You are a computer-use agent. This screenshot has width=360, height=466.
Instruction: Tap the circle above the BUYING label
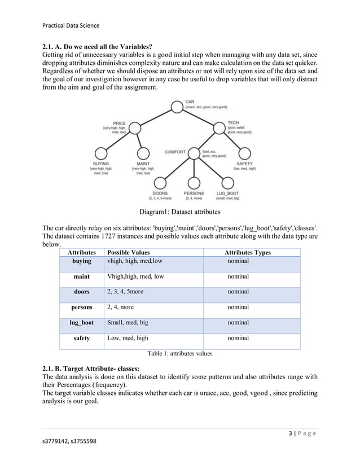point(101,153)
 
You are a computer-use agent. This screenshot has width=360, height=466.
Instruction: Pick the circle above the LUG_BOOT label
point(228,183)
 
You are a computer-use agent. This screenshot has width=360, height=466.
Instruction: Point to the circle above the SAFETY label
point(245,153)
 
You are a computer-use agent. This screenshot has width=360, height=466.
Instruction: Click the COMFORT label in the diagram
point(175,152)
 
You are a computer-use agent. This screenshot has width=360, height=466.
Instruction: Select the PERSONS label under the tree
point(194,194)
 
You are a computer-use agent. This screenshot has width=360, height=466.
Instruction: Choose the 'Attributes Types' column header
point(247,253)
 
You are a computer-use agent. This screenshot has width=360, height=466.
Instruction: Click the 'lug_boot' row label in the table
point(82,323)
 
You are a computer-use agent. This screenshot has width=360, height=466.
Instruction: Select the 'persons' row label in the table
point(82,307)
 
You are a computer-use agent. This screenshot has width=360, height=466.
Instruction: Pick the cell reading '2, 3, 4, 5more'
point(125,292)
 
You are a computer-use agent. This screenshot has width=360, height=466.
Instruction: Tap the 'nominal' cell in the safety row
point(238,338)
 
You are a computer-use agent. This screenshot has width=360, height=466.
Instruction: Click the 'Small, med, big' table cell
point(128,323)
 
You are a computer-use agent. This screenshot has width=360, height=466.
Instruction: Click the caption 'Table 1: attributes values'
point(179,354)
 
